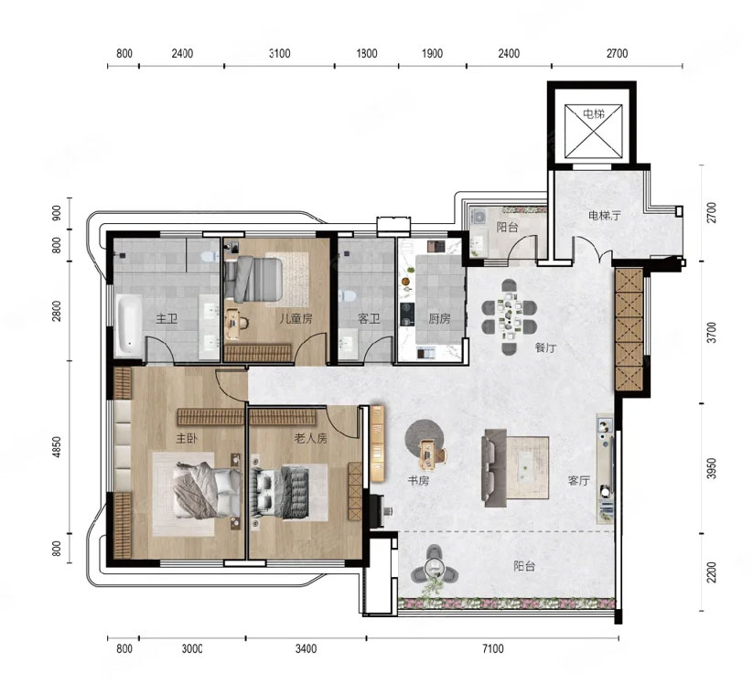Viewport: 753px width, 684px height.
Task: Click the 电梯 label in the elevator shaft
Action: (594, 114)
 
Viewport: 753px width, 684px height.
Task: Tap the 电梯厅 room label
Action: (605, 216)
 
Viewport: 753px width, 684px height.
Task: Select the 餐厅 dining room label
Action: (545, 347)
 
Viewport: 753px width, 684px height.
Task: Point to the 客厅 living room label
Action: (578, 480)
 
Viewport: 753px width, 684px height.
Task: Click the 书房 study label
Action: (418, 480)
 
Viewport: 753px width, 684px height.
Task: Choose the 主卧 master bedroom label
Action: (187, 438)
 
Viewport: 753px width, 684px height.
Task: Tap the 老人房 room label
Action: (311, 438)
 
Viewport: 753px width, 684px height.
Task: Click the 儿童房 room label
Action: (296, 319)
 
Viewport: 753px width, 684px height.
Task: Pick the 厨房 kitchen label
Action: (439, 319)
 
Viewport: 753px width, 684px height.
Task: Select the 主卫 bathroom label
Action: (167, 319)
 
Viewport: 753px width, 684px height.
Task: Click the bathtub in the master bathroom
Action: (129, 325)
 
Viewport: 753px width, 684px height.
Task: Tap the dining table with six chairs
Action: (509, 316)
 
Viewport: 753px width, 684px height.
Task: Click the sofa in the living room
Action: (495, 468)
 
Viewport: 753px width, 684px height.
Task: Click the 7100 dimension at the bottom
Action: (493, 649)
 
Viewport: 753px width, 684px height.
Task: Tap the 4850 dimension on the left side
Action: (57, 447)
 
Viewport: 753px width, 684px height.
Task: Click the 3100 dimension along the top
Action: (279, 53)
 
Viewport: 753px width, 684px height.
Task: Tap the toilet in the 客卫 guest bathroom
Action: (347, 295)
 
